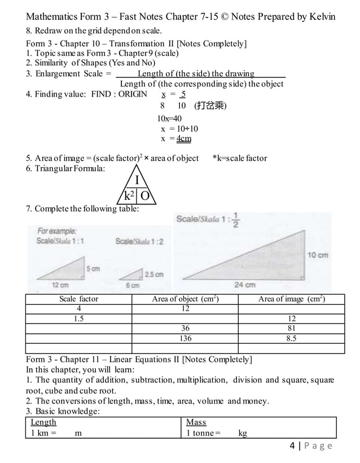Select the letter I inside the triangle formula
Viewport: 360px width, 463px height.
click(137, 180)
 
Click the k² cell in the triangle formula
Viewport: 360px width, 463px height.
click(129, 196)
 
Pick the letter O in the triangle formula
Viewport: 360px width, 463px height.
click(145, 196)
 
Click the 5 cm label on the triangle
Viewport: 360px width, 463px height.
click(93, 269)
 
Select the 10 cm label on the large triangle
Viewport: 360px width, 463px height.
click(318, 255)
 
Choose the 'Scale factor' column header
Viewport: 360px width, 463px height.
click(79, 299)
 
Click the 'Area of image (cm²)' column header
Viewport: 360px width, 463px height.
click(291, 299)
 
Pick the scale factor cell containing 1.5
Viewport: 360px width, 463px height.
click(79, 318)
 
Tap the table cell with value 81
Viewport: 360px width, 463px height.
click(291, 328)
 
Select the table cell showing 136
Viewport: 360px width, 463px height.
click(185, 338)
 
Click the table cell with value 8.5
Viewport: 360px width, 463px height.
click(291, 338)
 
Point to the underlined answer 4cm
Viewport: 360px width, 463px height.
click(183, 138)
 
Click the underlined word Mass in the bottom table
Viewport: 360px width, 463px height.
click(196, 422)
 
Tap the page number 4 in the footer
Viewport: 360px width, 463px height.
click(292, 446)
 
